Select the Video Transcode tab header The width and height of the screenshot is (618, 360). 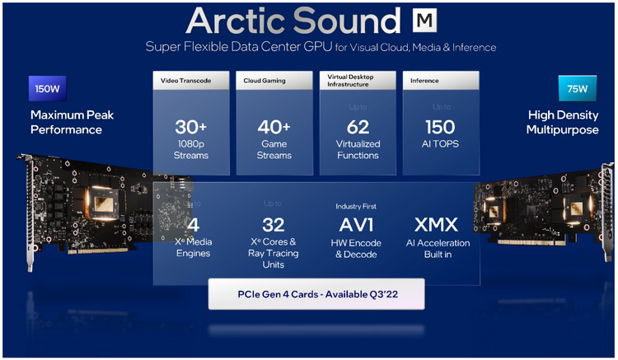pyautogui.click(x=191, y=81)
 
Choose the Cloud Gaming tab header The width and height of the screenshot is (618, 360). pyautogui.click(x=274, y=81)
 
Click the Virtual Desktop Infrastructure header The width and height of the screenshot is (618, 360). pyautogui.click(x=358, y=81)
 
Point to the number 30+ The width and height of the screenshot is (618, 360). pyautogui.click(x=191, y=127)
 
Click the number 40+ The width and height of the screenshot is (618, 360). pyautogui.click(x=274, y=127)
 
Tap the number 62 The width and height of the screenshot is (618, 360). pyautogui.click(x=358, y=127)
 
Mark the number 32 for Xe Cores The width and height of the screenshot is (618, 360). pyautogui.click(x=274, y=225)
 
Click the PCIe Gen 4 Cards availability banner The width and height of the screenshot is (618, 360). pyautogui.click(x=316, y=293)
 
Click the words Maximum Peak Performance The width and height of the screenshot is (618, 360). pyautogui.click(x=66, y=122)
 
